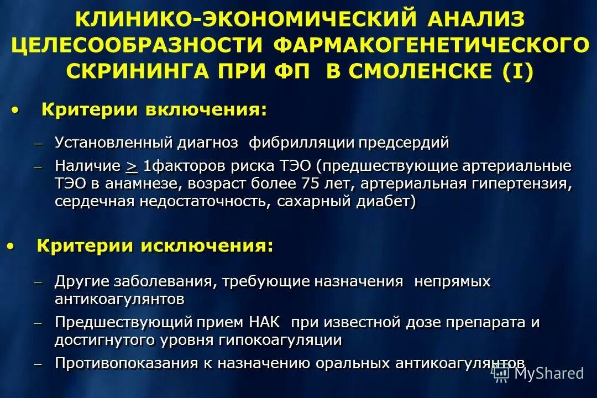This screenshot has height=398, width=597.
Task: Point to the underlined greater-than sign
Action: [x=132, y=165]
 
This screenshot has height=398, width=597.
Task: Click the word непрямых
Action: [x=453, y=281]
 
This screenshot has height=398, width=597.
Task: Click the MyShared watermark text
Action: [x=548, y=373]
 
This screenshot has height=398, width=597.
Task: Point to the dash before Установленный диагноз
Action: [x=38, y=144]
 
